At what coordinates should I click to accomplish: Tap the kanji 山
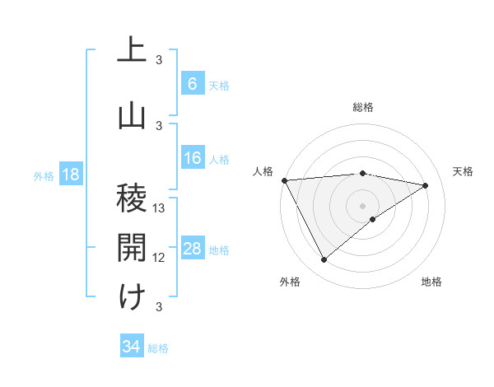tap(132, 114)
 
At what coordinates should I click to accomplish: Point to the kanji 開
tap(132, 247)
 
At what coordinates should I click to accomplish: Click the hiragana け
tap(132, 296)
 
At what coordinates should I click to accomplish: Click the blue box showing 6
tap(192, 84)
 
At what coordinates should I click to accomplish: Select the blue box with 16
tap(192, 159)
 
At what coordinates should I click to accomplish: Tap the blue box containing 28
tap(192, 249)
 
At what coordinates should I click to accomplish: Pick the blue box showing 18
tap(70, 175)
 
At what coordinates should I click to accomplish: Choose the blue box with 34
tap(131, 347)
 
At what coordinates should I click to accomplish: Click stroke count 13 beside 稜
tap(160, 208)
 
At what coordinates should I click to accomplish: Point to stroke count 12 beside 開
tap(160, 258)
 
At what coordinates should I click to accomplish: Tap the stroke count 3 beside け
tap(160, 307)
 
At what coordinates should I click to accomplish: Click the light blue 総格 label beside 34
tap(158, 348)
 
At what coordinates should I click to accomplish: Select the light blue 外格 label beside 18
tap(44, 176)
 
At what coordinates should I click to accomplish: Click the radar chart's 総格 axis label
tap(362, 107)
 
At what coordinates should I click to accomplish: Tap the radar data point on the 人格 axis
tap(283, 180)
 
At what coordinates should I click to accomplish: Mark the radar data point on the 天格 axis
tap(426, 185)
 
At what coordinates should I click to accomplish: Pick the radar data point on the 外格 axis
tap(324, 260)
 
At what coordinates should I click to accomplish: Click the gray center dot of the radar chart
tap(362, 205)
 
